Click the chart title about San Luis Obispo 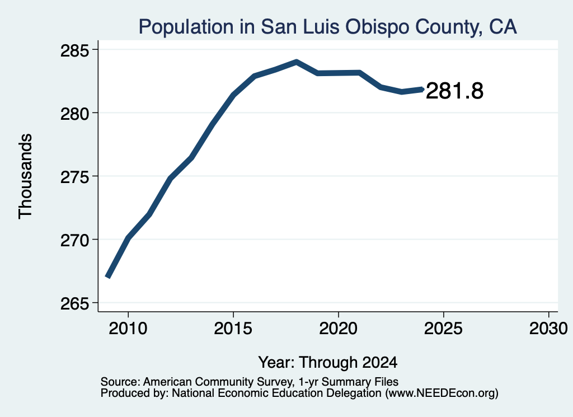pos(327,27)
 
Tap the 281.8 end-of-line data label pos(454,91)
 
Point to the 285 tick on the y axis pos(74,50)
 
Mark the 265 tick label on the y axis pos(74,304)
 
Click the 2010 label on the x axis pos(128,328)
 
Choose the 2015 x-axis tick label pos(233,328)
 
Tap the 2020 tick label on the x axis pos(339,328)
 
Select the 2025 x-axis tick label pos(443,328)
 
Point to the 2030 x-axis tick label pos(548,328)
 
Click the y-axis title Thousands pos(25,176)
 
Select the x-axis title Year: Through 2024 pos(328,362)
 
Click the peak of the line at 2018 pos(297,62)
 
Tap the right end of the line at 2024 pos(422,89)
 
